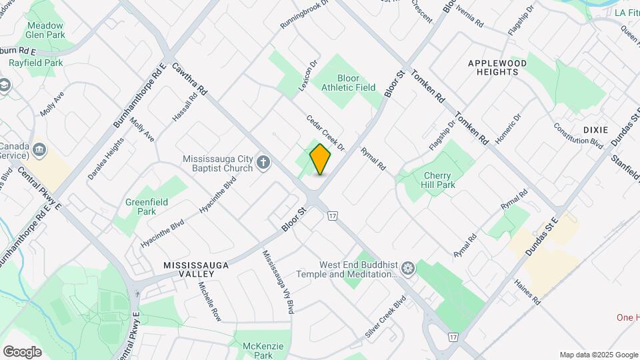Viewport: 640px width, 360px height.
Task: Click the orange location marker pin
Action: point(321,159)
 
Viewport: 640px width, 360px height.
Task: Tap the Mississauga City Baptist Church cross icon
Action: point(264,162)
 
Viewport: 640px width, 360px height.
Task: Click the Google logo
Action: point(22,351)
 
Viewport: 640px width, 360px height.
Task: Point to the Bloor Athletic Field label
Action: point(348,83)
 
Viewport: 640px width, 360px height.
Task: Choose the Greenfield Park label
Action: point(147,206)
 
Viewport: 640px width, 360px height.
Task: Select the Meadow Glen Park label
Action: point(45,31)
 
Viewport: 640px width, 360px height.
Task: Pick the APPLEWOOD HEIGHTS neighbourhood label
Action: point(497,67)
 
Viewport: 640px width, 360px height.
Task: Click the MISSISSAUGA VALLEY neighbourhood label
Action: point(197,269)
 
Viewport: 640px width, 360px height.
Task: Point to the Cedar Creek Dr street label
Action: point(325,132)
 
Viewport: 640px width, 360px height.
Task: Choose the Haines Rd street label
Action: point(527,291)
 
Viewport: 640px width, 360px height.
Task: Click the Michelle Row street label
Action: point(209,301)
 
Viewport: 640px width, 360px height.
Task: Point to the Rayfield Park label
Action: point(35,63)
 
